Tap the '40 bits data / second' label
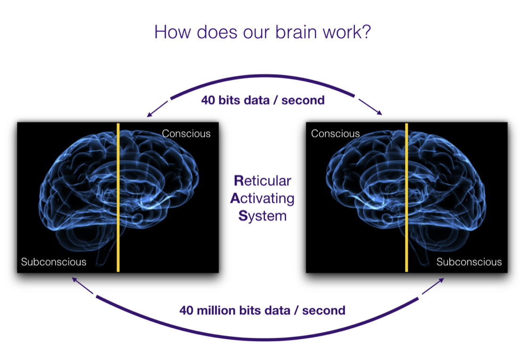click(x=263, y=100)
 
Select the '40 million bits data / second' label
click(x=262, y=311)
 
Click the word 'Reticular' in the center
click(x=263, y=180)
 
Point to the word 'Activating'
click(x=262, y=198)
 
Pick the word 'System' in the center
click(x=262, y=215)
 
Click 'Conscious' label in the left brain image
click(x=186, y=133)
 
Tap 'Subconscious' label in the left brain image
click(x=54, y=262)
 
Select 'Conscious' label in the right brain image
click(x=335, y=133)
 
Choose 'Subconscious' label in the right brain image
click(x=469, y=262)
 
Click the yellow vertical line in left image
click(x=118, y=197)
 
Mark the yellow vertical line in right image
click(x=406, y=197)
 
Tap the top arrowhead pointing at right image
click(x=379, y=113)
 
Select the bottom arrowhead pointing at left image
click(x=74, y=279)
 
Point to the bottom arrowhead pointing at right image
click(x=442, y=280)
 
